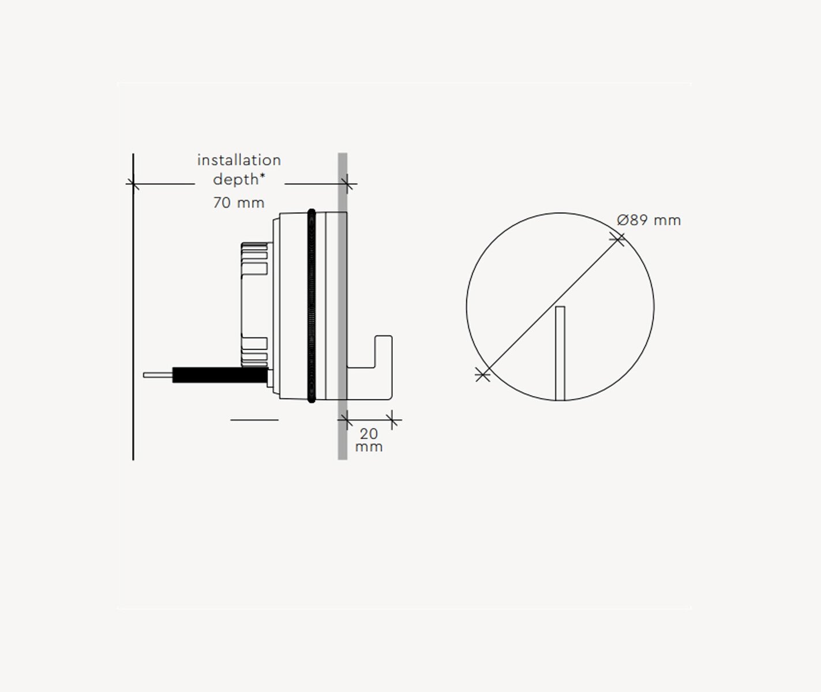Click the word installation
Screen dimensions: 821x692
(239, 160)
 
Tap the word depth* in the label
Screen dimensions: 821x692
(239, 179)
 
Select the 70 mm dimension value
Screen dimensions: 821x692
(239, 203)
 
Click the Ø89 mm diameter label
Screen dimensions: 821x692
(648, 220)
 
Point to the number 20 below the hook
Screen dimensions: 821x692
(369, 434)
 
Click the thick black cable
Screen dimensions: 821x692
(220, 375)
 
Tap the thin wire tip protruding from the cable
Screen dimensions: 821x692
(158, 375)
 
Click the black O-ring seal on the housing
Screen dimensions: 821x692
(312, 306)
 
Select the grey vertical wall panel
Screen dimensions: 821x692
(343, 306)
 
